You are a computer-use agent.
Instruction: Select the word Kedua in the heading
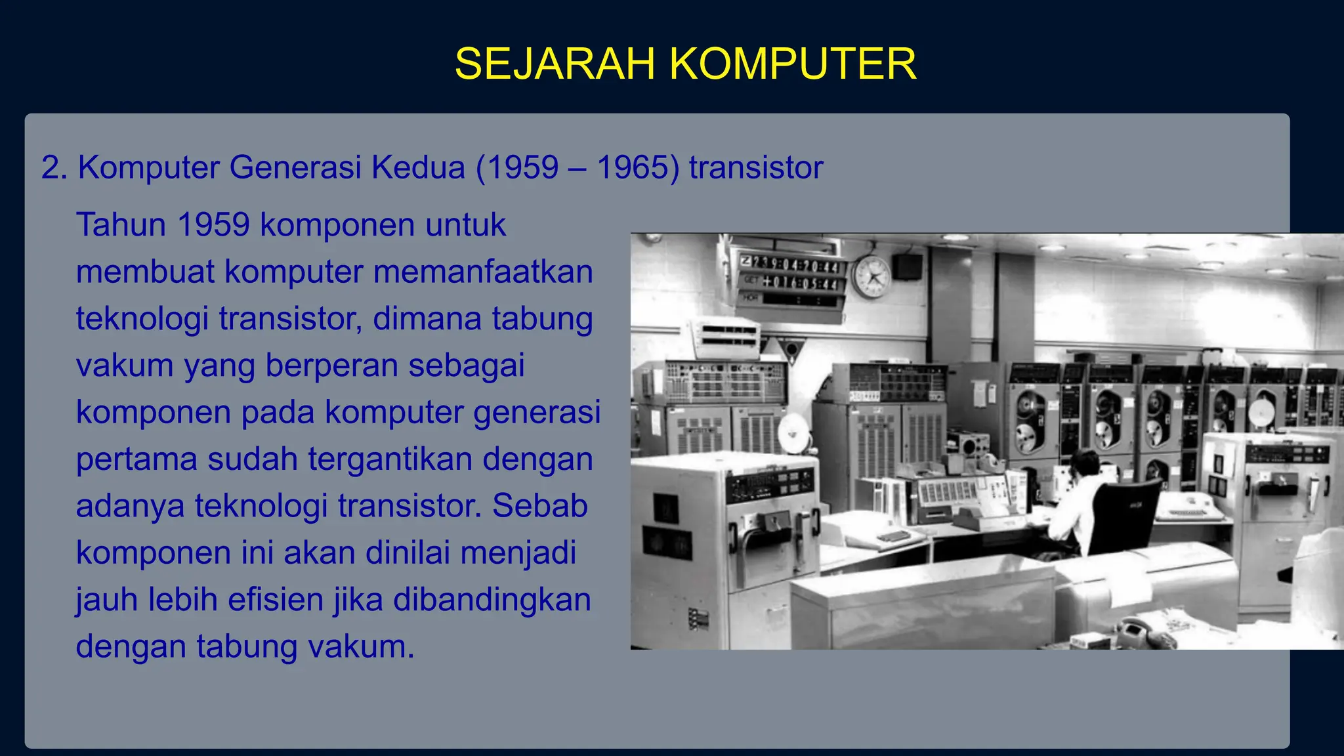(x=418, y=167)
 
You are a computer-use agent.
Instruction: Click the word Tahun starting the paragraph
(x=121, y=225)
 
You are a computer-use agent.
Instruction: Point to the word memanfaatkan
(x=483, y=272)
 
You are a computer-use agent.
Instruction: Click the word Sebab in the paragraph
(x=539, y=506)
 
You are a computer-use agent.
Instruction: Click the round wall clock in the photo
(x=871, y=277)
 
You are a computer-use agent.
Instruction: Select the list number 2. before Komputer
(x=54, y=167)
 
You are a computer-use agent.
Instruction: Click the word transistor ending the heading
(x=755, y=167)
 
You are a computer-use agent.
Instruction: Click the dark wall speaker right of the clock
(x=907, y=266)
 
